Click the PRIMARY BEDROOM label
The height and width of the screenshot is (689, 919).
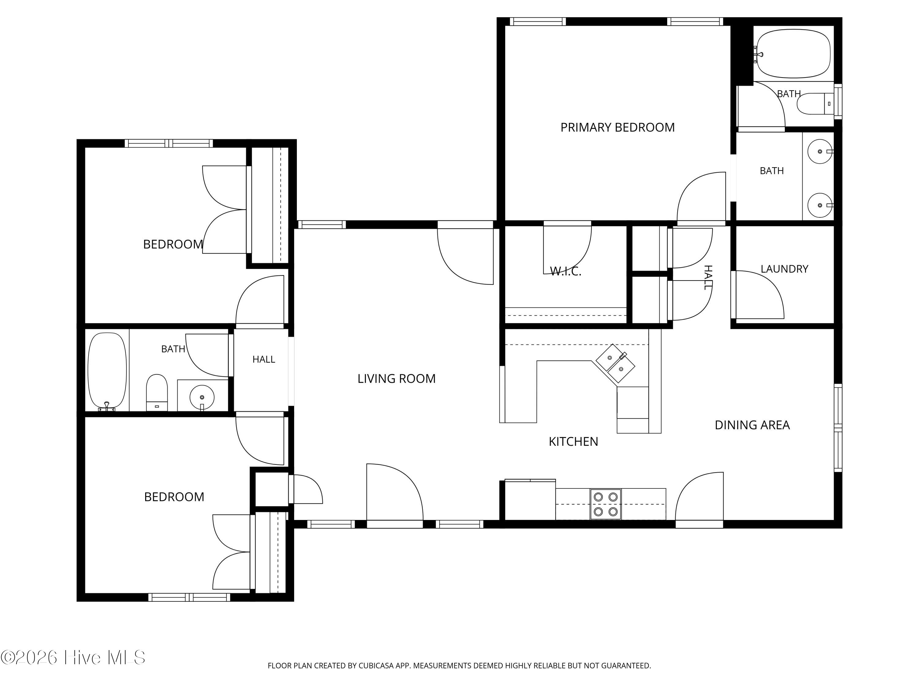[617, 127]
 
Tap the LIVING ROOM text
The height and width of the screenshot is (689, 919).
[396, 378]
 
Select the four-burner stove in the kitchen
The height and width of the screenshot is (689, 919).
[605, 504]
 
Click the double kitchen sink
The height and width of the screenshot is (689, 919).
[616, 363]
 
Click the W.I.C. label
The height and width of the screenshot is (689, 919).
[565, 271]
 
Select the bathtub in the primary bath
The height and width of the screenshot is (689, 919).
[793, 54]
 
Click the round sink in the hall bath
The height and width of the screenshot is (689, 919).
[202, 397]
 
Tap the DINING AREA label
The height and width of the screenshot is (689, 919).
[752, 425]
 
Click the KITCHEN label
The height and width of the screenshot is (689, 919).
[573, 442]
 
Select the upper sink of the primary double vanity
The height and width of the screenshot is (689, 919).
[820, 152]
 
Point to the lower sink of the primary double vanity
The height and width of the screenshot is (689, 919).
[820, 205]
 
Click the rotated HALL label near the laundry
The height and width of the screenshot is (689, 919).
[708, 277]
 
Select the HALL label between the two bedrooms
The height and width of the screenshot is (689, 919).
[264, 359]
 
